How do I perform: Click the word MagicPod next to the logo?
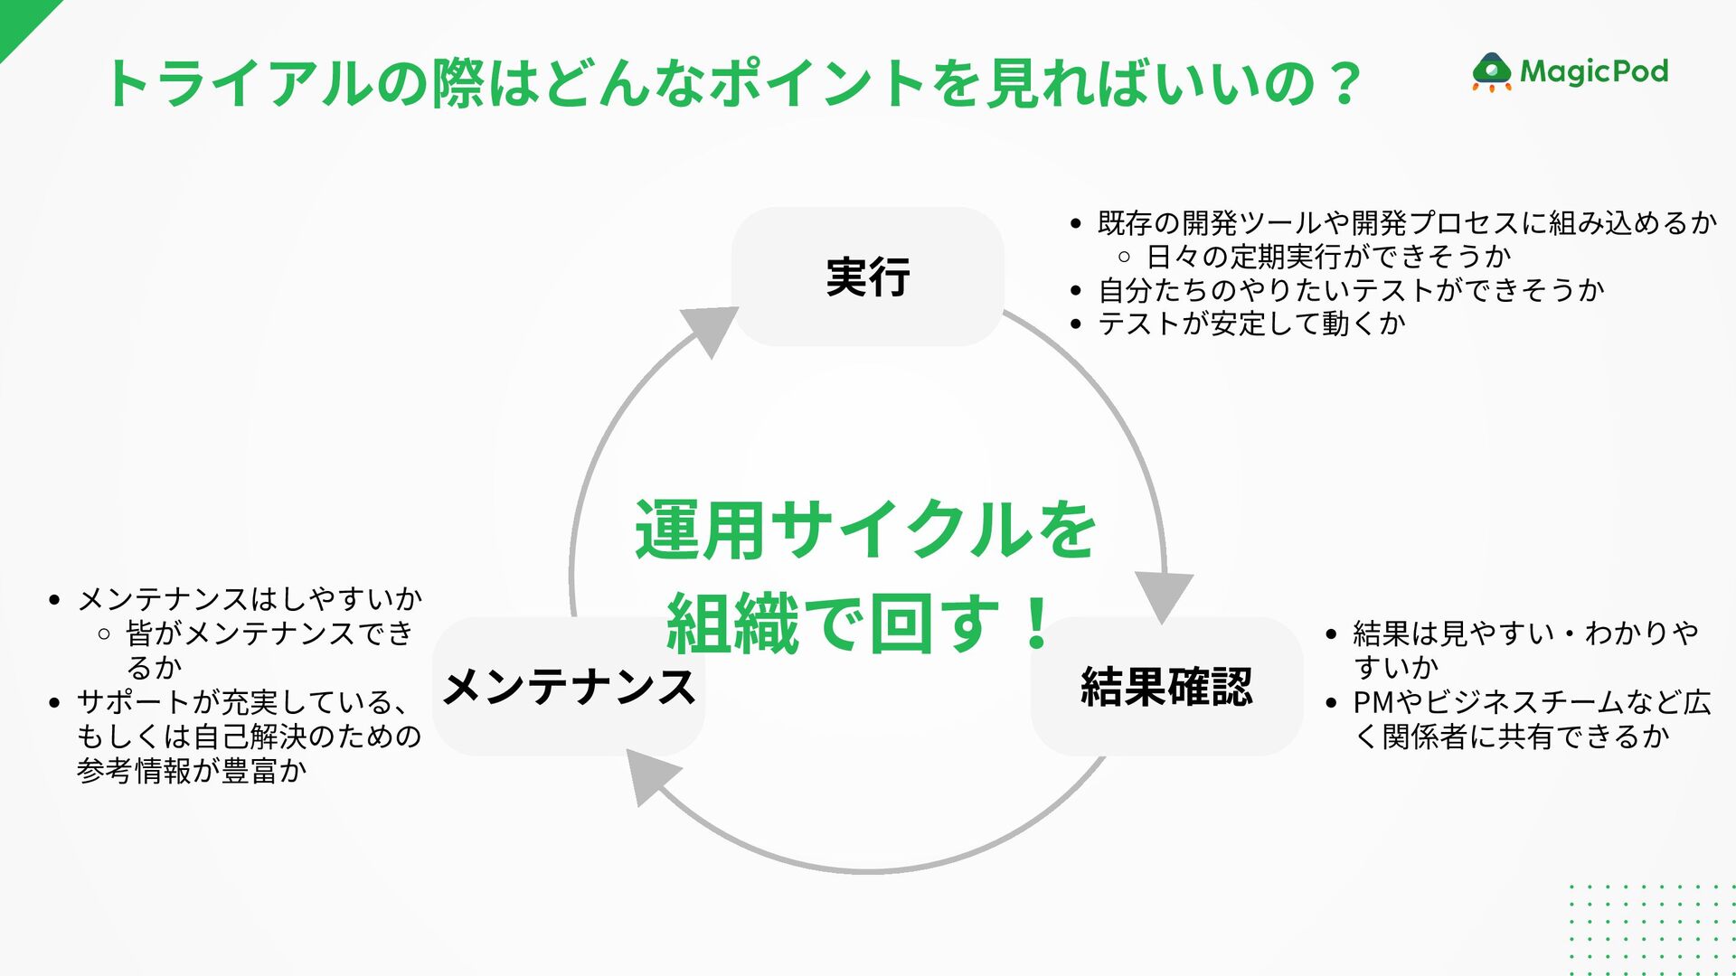[1594, 70]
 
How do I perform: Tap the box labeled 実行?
[867, 277]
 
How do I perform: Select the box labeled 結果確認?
[1166, 687]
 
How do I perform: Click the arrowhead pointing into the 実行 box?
[711, 328]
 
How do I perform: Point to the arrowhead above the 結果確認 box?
[1164, 596]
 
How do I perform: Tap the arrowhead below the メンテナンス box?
[650, 778]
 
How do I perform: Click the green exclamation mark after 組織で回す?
[1037, 623]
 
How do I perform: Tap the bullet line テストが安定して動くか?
[1251, 324]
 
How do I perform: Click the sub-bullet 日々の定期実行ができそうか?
[1328, 257]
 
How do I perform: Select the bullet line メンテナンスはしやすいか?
[250, 598]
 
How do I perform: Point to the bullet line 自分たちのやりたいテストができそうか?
[1351, 290]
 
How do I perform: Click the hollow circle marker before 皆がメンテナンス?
[104, 633]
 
